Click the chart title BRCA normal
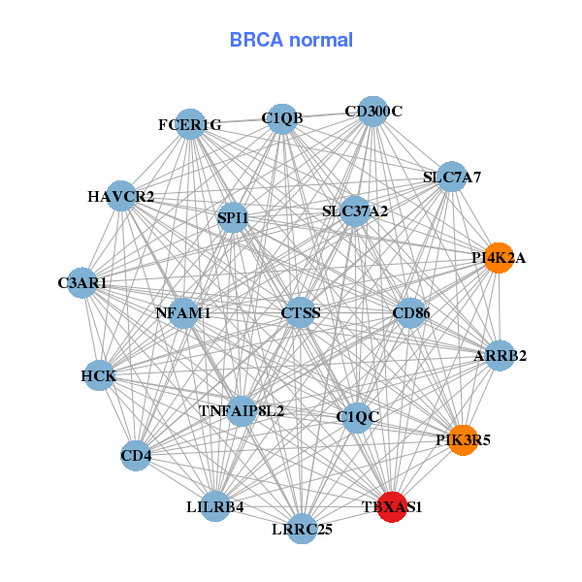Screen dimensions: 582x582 coord(291,41)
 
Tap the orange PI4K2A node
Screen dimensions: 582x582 coord(498,258)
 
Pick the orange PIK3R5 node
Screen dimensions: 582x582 coord(463,439)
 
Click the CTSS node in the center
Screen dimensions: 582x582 coord(300,312)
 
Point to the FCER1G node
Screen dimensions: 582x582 coord(191,124)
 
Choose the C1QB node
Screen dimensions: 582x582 coord(281,118)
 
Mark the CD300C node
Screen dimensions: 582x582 coord(373,111)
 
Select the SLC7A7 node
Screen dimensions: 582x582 coord(451,177)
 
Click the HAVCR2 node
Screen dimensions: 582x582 coord(120,196)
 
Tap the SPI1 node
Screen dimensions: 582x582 coord(233,218)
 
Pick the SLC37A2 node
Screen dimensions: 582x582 coord(355,210)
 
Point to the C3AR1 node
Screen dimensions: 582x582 coord(82,283)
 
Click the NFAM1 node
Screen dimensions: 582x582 coord(183,313)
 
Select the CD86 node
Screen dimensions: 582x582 coord(410,312)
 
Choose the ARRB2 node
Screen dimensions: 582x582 coord(500,356)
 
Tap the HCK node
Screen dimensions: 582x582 coord(99,375)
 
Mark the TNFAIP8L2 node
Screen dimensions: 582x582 coord(242,410)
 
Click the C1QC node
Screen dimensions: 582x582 coord(358,417)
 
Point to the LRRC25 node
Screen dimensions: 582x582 coord(303,528)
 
